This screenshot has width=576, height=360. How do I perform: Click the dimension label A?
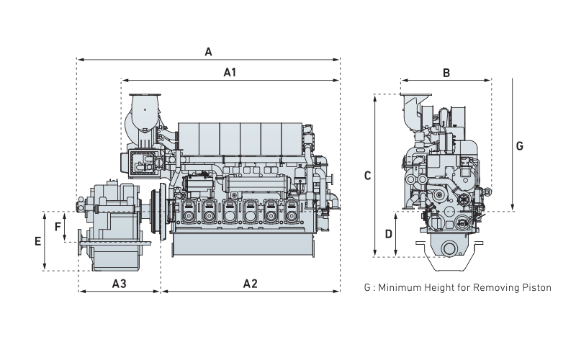pos(209,51)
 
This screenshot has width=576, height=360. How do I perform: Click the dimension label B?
pos(446,73)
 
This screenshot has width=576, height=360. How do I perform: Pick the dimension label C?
pos(367,175)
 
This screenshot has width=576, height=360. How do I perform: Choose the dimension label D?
pos(388,233)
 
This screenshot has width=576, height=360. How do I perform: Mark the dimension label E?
pos(37,241)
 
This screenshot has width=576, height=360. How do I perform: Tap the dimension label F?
pos(58,226)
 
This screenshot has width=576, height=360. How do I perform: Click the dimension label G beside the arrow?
pos(521,145)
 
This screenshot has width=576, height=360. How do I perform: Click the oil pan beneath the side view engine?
pos(243,244)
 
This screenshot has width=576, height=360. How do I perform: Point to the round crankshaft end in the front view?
pos(451,249)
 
